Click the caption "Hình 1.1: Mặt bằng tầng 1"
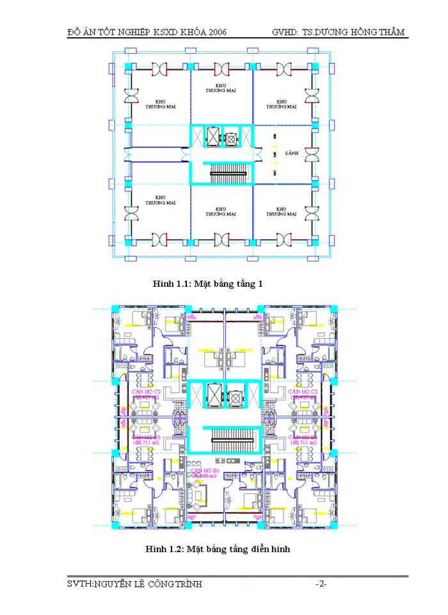pyautogui.click(x=208, y=284)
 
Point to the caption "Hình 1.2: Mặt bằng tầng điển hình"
pyautogui.click(x=218, y=549)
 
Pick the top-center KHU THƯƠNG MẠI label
pyautogui.click(x=221, y=88)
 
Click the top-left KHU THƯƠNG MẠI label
pyautogui.click(x=161, y=104)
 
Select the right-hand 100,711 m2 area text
pyautogui.click(x=303, y=442)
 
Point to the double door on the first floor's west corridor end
pyautogui.click(x=131, y=154)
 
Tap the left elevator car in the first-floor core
pyautogui.click(x=212, y=137)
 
